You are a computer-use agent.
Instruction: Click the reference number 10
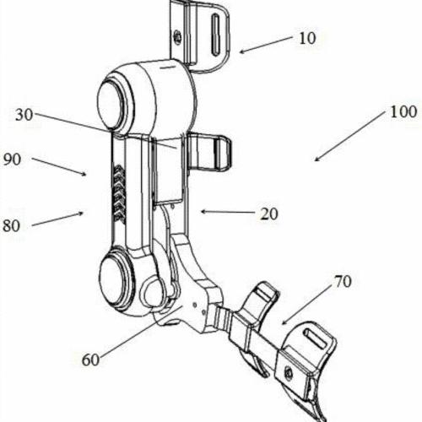point(307,38)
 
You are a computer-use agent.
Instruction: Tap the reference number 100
point(403,111)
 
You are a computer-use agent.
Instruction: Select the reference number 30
point(24,115)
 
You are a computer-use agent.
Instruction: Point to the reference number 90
point(12,160)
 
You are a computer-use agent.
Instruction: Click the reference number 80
point(12,225)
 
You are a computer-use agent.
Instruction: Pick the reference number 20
point(269,214)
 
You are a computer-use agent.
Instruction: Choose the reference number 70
point(343,281)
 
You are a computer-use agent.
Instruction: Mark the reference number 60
point(90,360)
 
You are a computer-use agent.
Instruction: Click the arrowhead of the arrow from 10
point(242,51)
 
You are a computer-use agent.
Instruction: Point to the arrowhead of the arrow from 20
point(203,212)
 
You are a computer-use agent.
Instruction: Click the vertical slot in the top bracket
point(216,35)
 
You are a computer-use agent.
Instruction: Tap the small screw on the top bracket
point(177,36)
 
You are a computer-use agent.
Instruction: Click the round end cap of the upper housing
point(110,104)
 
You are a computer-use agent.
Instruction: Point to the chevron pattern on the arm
point(120,193)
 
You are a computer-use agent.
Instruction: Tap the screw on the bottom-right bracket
point(288,373)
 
